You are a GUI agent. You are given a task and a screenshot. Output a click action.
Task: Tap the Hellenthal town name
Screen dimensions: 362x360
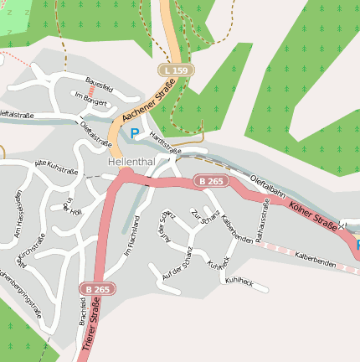point(131,161)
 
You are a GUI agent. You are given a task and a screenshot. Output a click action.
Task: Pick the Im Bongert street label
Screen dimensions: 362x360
point(91,99)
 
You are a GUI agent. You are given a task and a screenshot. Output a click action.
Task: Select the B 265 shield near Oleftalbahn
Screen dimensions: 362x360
point(211,180)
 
